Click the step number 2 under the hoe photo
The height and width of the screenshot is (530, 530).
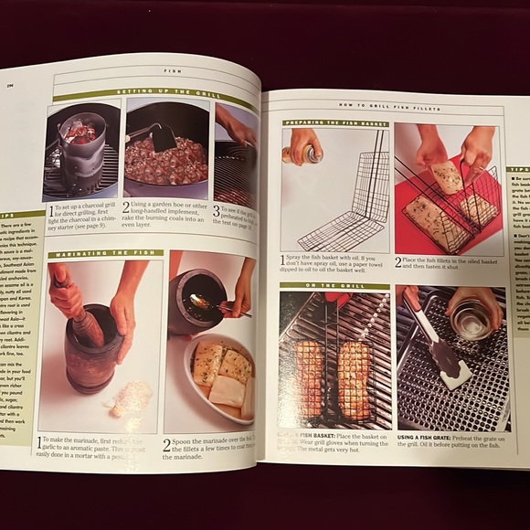[x=127, y=207]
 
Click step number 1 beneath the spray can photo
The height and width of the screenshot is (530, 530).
[x=283, y=260]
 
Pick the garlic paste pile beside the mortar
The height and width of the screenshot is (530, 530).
[x=129, y=398]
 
